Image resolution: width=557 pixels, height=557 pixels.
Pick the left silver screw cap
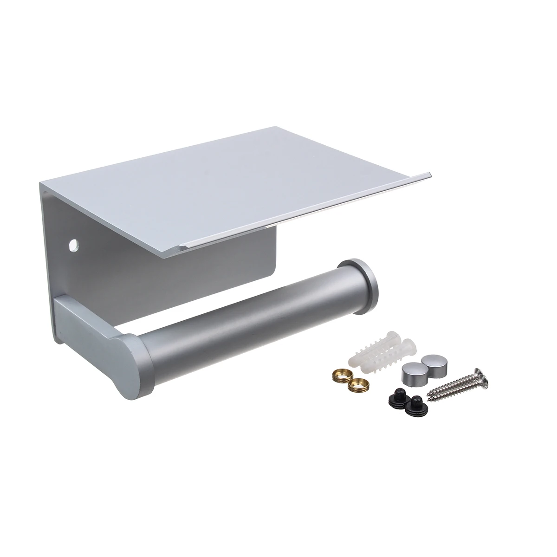click(x=408, y=372)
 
